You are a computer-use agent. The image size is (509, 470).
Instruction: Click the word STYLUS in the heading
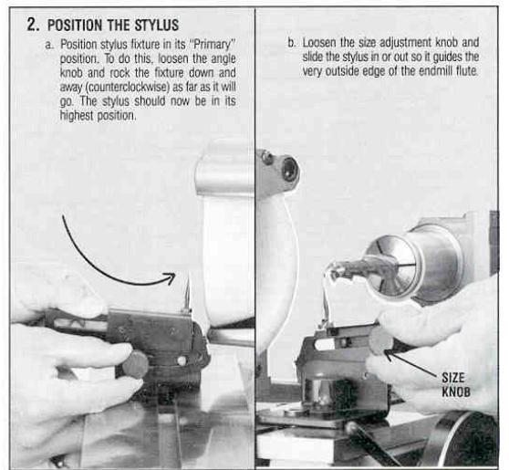point(157,25)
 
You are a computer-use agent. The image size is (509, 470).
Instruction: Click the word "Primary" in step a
point(214,44)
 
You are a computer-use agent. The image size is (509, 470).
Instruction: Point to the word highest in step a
point(77,115)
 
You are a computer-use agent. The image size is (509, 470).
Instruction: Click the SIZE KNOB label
point(456,385)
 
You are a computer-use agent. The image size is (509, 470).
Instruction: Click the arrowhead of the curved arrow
point(171,277)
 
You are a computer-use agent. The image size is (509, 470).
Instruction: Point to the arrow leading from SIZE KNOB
point(411,363)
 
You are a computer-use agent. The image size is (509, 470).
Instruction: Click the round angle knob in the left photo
point(135,365)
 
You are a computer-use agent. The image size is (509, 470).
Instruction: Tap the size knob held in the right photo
point(380,339)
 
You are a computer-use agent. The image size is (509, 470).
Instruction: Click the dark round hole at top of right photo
point(290,169)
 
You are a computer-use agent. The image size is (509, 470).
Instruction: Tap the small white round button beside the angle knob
point(182,360)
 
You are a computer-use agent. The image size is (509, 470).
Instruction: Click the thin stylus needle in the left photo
point(187,291)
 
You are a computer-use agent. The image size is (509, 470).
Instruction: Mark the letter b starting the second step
point(291,43)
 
